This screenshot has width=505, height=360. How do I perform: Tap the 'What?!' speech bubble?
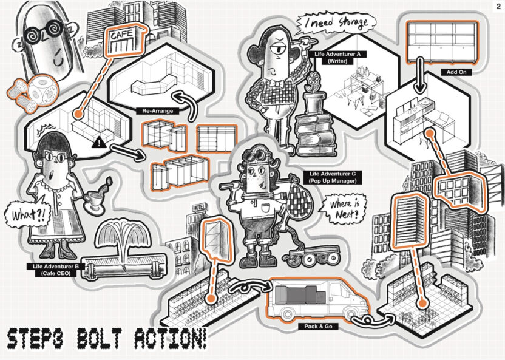(x=20, y=214)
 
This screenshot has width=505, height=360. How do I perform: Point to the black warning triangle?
(x=99, y=143)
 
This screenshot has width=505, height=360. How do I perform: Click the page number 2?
(x=498, y=6)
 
